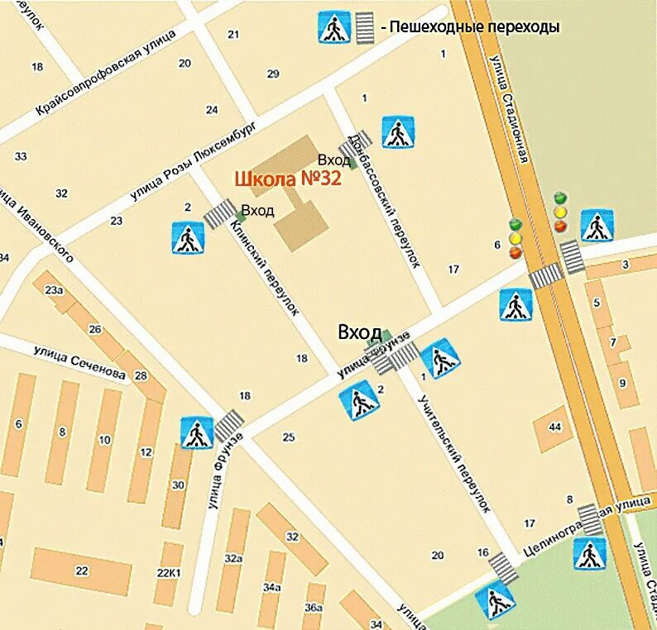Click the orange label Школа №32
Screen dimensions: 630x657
(288, 179)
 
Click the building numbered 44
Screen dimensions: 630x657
(554, 427)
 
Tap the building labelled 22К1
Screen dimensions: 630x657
(168, 573)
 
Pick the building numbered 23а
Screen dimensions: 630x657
(54, 290)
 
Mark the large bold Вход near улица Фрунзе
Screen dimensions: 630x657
(359, 332)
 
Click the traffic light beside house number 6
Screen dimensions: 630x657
(516, 238)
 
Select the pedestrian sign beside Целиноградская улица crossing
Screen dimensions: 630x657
(589, 553)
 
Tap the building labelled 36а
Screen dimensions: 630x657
(314, 607)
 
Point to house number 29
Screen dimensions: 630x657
(273, 74)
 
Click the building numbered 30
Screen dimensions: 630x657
(178, 485)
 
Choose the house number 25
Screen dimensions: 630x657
(288, 437)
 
